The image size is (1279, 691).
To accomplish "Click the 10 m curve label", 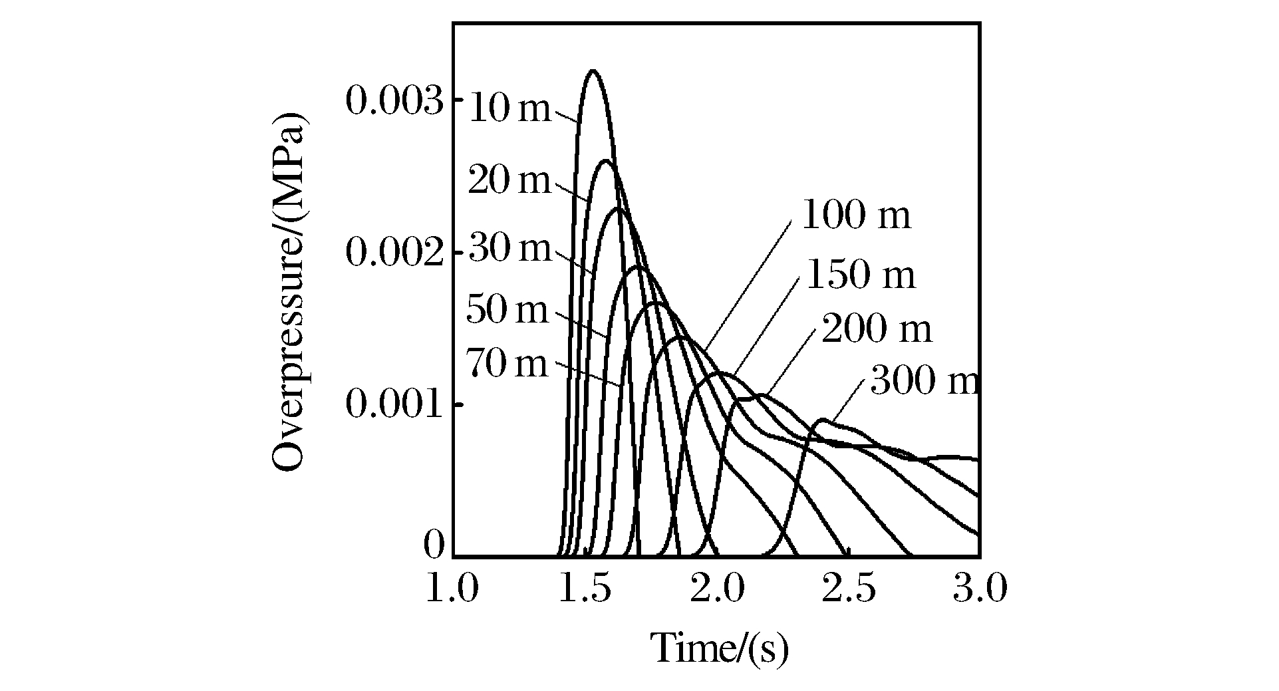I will click(510, 108).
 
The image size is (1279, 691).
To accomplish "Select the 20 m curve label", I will click(509, 180).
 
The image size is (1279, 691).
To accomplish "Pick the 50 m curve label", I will click(507, 310).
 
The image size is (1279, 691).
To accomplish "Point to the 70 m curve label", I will click(507, 364).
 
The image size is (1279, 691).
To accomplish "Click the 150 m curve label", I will click(861, 275).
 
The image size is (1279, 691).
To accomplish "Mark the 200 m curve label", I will click(877, 329).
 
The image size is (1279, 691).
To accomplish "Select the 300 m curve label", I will click(924, 382).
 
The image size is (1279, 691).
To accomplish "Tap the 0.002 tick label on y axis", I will click(394, 253).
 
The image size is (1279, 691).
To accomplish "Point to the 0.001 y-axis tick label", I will click(394, 405).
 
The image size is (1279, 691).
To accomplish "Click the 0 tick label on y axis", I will click(433, 546).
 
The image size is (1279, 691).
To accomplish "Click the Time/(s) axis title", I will click(719, 648).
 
